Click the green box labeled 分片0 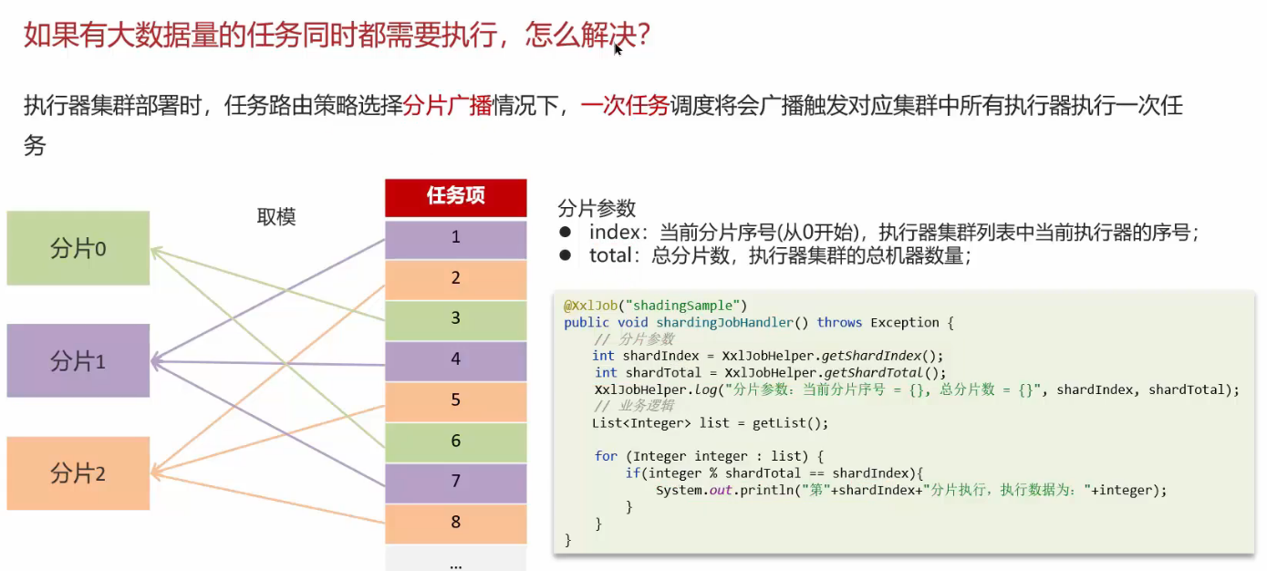pos(78,248)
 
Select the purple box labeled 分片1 pos(78,360)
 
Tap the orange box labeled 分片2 pos(78,473)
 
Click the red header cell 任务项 pos(455,196)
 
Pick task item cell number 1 pos(455,238)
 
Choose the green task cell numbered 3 pos(455,318)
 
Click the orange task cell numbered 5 pos(455,400)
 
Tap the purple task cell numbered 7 pos(455,482)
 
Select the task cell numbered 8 pos(455,523)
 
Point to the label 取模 pos(276,217)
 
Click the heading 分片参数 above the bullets pos(597,208)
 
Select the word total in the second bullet pos(611,256)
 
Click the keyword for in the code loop pos(606,456)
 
